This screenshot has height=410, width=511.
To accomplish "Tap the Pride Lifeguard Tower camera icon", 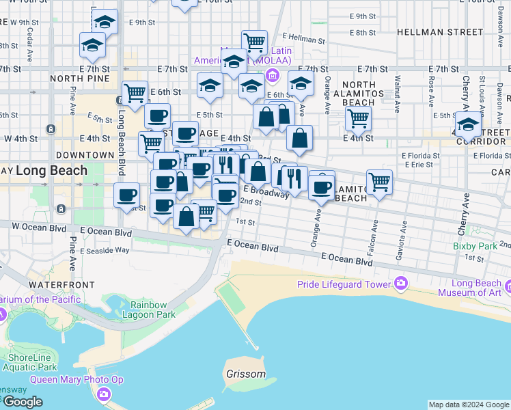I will [400, 284].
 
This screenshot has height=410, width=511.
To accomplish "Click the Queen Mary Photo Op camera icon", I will [103, 394].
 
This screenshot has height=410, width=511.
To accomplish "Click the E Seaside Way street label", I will [105, 251].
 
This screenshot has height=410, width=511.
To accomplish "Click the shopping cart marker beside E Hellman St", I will [255, 42].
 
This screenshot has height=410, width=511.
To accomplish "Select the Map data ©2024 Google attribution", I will [469, 405].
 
